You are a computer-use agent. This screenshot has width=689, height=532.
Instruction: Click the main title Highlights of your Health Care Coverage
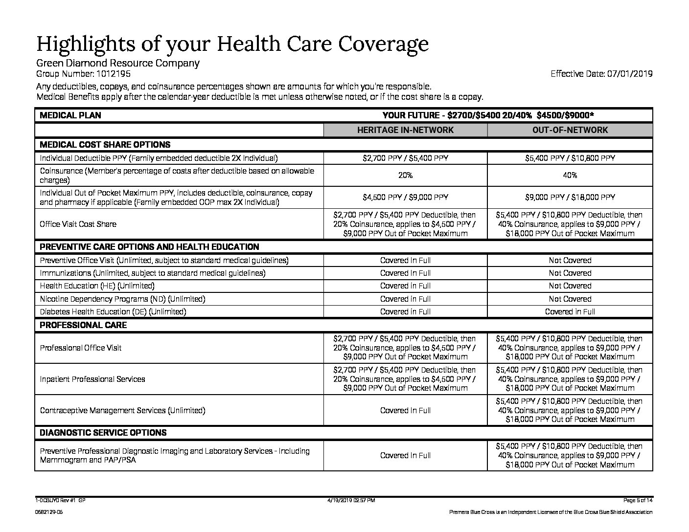[232, 44]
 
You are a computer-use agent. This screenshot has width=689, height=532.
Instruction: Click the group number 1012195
[112, 74]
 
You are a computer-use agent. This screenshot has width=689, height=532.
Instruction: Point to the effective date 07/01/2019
[630, 74]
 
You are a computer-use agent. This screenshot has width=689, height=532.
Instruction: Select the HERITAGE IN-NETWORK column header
[405, 130]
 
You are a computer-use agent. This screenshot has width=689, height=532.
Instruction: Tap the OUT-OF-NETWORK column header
[570, 130]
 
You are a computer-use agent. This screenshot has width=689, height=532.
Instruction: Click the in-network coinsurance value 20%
[405, 175]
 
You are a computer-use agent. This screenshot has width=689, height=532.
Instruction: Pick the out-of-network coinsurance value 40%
[570, 175]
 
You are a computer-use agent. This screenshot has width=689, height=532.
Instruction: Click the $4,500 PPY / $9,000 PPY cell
[405, 198]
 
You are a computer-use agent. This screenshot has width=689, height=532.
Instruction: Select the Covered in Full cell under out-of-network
[570, 311]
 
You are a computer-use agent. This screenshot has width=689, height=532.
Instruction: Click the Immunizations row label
[152, 273]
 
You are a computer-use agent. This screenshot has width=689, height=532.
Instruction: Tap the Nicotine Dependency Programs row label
[122, 299]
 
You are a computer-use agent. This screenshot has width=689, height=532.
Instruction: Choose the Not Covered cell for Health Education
[570, 286]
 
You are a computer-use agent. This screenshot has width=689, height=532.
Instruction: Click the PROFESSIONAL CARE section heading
[83, 325]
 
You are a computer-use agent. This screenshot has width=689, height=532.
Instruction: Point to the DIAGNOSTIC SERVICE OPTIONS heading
[103, 433]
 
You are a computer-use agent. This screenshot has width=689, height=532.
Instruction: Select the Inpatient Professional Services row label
[92, 379]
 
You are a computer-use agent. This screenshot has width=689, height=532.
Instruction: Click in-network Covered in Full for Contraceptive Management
[405, 410]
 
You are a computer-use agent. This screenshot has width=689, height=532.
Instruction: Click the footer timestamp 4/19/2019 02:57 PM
[350, 500]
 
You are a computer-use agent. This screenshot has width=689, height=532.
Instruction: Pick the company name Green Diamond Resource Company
[118, 63]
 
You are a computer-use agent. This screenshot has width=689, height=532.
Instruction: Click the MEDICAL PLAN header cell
[70, 115]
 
